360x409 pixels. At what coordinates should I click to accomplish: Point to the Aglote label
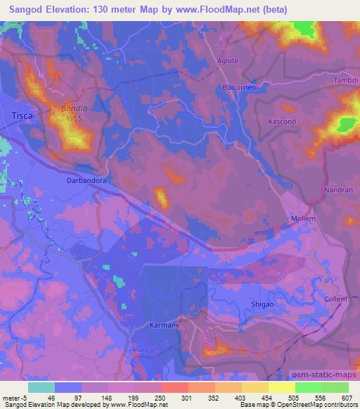click(x=227, y=61)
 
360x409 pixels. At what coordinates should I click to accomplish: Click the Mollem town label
click(x=304, y=219)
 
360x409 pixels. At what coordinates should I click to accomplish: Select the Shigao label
click(x=263, y=304)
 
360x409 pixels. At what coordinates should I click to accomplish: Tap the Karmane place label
click(x=165, y=326)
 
